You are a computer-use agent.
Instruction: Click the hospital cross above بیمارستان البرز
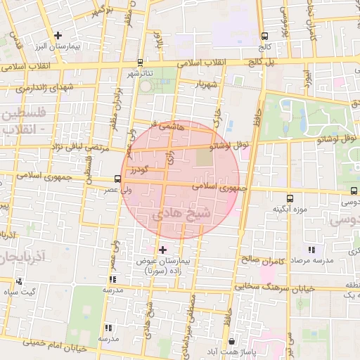pyautogui.click(x=58, y=35)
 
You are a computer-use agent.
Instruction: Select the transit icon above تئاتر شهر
pyautogui.click(x=141, y=62)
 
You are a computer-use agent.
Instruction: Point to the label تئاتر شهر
pyautogui.click(x=139, y=72)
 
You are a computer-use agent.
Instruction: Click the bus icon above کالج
pyautogui.click(x=264, y=37)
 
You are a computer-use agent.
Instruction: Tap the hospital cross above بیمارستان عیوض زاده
pyautogui.click(x=163, y=250)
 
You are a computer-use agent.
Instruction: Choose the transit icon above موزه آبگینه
pyautogui.click(x=290, y=199)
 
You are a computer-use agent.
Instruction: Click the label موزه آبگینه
pyautogui.click(x=290, y=209)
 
